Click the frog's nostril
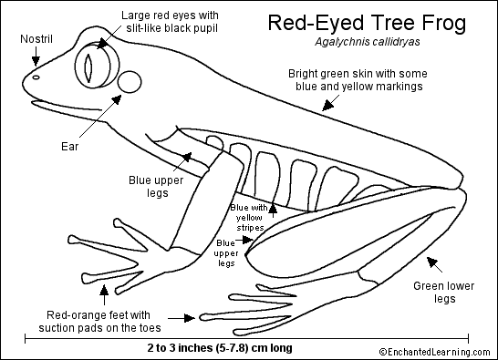pos(36,77)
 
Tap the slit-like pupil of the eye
pos(88,67)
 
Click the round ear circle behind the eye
pos(130,82)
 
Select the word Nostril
pos(36,39)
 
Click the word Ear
pos(69,147)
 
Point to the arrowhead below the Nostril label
pos(36,61)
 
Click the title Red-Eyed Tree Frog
pos(367,23)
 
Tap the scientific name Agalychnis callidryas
pos(368,42)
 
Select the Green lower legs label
pos(444,293)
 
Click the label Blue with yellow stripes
pos(249,218)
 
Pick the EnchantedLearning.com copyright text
pos(435,352)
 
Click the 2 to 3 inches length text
pos(220,348)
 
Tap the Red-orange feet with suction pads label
pos(99,322)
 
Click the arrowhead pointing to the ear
pos(117,99)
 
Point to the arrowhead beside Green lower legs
pos(432,262)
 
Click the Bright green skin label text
pos(358,80)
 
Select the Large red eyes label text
pos(170,22)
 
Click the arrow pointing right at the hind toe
pos(182,318)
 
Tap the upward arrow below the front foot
pos(104,294)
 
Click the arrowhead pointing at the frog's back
pos(328,105)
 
